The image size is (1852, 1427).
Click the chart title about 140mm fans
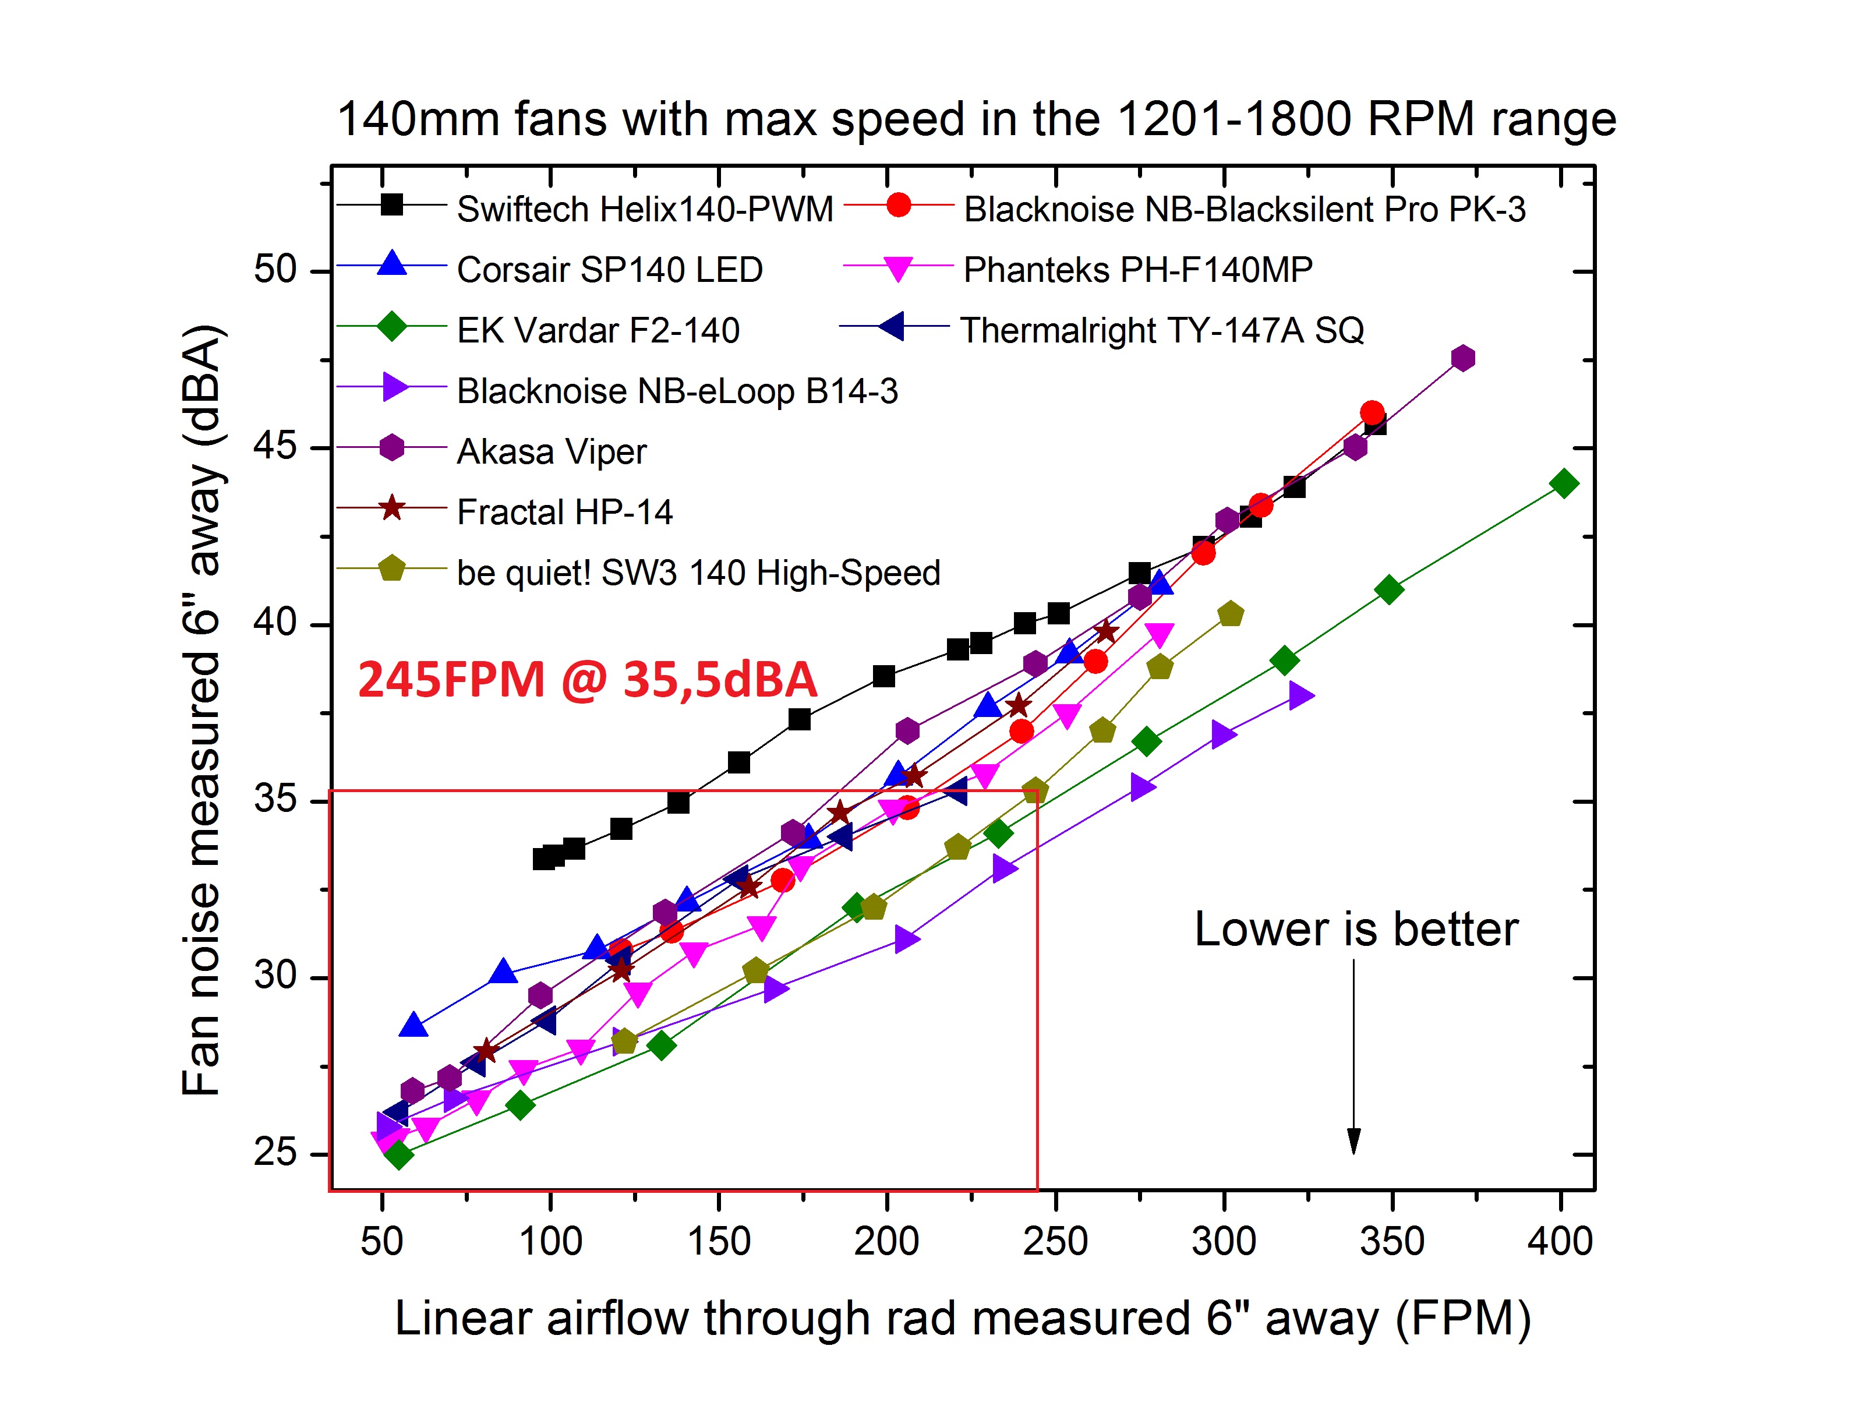click(x=975, y=119)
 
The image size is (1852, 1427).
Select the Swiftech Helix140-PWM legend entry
click(x=645, y=209)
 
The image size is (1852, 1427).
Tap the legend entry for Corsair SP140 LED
click(x=609, y=270)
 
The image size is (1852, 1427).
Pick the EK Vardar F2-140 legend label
click(x=598, y=330)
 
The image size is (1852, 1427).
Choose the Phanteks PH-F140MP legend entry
click(x=1137, y=270)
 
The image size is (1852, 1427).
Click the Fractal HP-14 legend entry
click(x=564, y=512)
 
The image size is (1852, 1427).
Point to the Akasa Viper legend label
click(x=551, y=451)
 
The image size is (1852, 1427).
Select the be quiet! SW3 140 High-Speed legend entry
click(x=698, y=573)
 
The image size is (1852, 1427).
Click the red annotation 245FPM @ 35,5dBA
click(x=587, y=680)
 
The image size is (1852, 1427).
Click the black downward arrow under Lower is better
click(x=1353, y=1060)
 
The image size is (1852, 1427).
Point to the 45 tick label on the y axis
click(x=275, y=446)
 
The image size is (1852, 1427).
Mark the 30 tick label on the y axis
click(x=275, y=976)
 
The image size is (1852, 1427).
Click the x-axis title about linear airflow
click(x=963, y=1319)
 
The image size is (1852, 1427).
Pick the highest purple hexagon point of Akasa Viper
click(x=1462, y=359)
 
